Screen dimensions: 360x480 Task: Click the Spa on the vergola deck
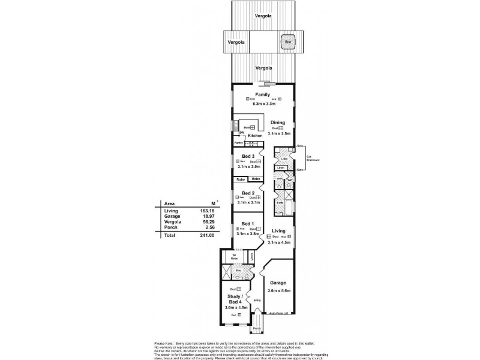pos(289,43)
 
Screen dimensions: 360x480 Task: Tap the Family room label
pos(262,95)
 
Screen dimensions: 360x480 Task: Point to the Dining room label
pos(277,122)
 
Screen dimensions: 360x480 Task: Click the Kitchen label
pos(256,136)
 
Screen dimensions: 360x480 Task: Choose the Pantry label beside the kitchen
pos(238,143)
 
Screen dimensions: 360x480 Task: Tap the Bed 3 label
pos(248,156)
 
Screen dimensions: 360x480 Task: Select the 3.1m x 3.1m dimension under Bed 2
pos(248,203)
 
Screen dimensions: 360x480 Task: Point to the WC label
pos(289,180)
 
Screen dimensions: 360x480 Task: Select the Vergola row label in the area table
pos(172,221)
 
